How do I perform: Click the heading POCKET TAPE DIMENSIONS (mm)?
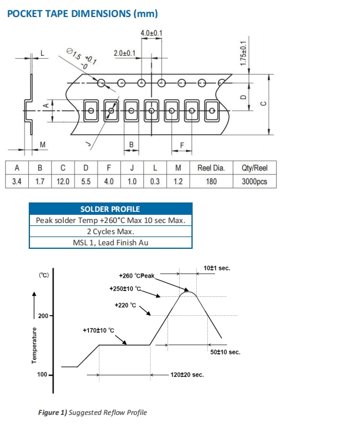click(x=82, y=13)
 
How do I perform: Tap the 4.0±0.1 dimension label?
click(x=152, y=33)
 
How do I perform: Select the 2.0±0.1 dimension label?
click(x=125, y=53)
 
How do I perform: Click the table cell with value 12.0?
click(x=63, y=181)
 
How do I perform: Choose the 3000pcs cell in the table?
click(x=254, y=181)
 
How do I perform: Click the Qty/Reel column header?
click(x=254, y=168)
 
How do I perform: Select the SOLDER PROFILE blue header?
click(x=110, y=209)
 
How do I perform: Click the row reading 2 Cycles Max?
click(x=110, y=232)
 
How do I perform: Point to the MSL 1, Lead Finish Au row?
click(x=110, y=243)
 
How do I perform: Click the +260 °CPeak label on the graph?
click(x=136, y=275)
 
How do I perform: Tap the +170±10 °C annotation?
click(x=103, y=330)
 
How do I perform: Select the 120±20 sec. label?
click(x=187, y=374)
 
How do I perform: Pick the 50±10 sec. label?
click(x=225, y=352)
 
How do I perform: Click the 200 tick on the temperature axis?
click(x=43, y=316)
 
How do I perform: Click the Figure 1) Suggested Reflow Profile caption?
click(x=92, y=413)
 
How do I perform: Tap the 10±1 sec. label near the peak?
click(x=217, y=268)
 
